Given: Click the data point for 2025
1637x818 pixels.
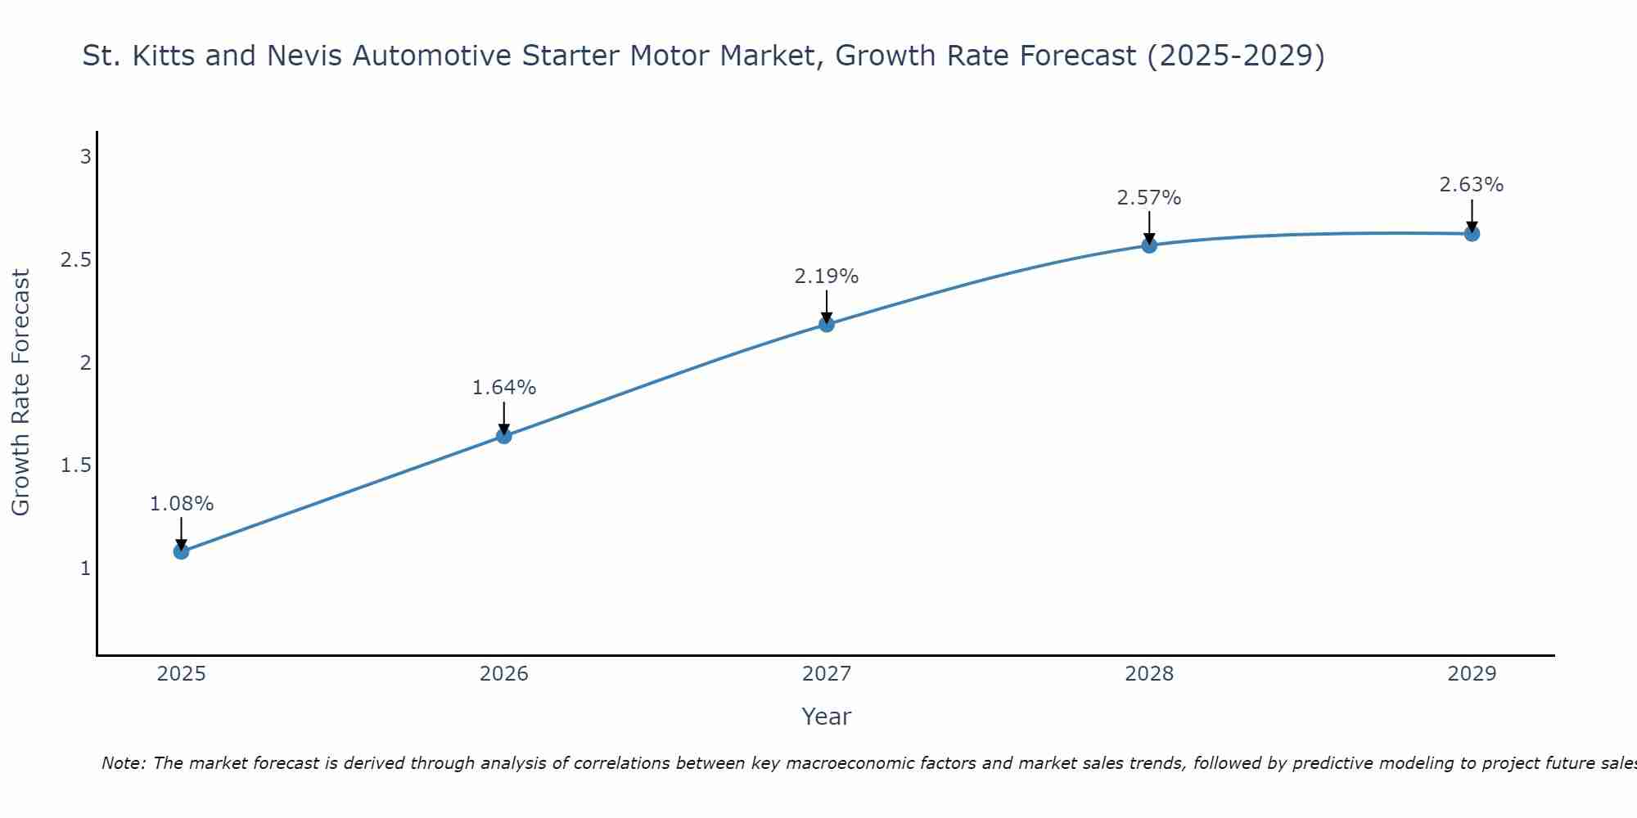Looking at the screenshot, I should coord(181,551).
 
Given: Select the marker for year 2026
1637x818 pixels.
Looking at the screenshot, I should coord(503,436).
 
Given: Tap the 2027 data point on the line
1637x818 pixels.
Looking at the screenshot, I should coord(827,324).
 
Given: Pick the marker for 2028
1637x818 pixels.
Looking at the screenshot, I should coord(1149,245).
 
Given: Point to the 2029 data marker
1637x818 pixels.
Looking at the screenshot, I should coord(1472,233).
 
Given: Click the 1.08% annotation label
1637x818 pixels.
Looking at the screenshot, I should coord(181,504).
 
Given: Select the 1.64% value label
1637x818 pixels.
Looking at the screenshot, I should coord(503,388).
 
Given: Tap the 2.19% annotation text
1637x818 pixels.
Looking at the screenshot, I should coord(827,276).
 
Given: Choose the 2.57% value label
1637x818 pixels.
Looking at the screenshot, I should coord(1149,198).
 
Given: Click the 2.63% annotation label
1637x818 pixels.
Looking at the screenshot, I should coord(1472,185).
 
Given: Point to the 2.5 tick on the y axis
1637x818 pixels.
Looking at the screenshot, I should coord(75,259).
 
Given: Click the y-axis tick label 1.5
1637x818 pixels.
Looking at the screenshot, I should coord(75,465).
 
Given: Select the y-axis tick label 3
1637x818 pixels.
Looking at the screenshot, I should coord(85,156).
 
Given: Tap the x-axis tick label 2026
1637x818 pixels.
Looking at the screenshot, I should coord(503,674).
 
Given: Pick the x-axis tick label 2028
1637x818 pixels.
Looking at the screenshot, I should coord(1149,674).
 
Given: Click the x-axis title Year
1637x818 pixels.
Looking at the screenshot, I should coord(827,717).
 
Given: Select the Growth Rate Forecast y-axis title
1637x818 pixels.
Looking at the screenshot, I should coord(20,393).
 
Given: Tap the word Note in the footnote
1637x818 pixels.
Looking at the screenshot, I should coord(123,763).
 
